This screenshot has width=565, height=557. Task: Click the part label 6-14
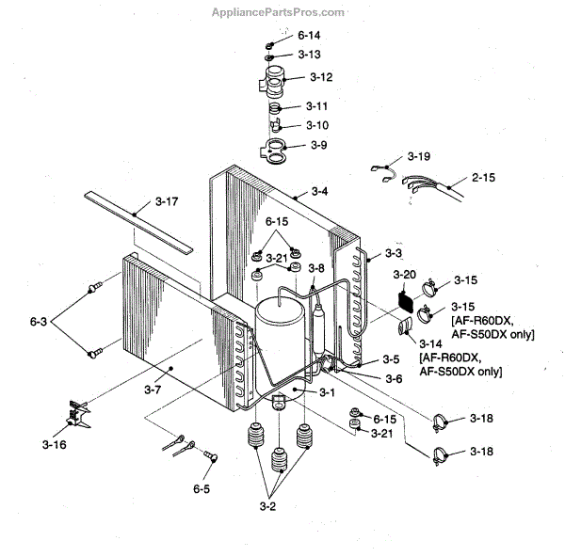click(x=310, y=36)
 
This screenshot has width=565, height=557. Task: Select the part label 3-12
click(x=321, y=76)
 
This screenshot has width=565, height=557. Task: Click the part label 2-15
click(x=483, y=177)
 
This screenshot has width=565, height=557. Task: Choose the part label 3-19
click(x=419, y=155)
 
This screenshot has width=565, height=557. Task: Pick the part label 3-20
click(x=404, y=274)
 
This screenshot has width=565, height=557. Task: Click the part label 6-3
click(x=38, y=322)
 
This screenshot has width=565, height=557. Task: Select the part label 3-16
click(x=55, y=444)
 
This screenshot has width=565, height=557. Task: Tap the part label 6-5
click(x=202, y=488)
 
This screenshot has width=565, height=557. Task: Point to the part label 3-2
click(x=267, y=507)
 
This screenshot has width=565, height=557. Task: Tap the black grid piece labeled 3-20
click(x=405, y=303)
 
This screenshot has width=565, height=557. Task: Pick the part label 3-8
click(x=317, y=268)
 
